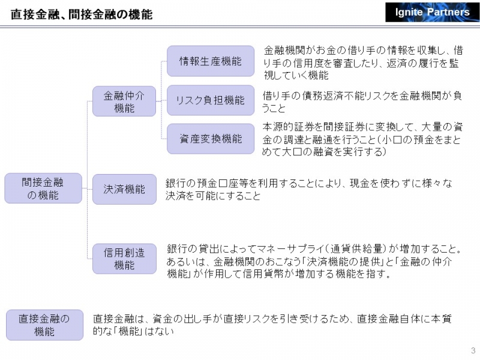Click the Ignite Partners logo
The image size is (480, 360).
(x=432, y=12)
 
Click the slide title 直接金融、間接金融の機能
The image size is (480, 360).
(x=82, y=13)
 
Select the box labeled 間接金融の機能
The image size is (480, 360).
(x=43, y=188)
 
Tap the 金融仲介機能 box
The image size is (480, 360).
(x=124, y=101)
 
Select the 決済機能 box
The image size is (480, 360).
(x=124, y=189)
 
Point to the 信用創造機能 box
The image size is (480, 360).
(x=124, y=259)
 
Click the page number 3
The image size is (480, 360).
(x=473, y=351)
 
